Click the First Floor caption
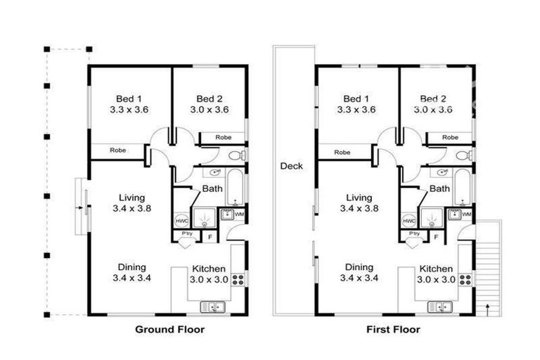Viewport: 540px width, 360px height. pyautogui.click(x=393, y=328)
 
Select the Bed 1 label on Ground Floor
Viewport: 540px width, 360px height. pyautogui.click(x=130, y=98)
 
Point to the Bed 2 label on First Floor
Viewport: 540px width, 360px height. pyautogui.click(x=434, y=98)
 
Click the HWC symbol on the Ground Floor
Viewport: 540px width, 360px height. pyautogui.click(x=181, y=220)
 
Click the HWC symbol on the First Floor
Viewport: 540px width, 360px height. pyautogui.click(x=409, y=220)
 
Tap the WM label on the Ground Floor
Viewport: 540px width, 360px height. pyautogui.click(x=239, y=214)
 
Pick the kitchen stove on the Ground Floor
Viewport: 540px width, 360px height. pyautogui.click(x=238, y=279)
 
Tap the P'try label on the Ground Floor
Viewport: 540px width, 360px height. pyautogui.click(x=187, y=233)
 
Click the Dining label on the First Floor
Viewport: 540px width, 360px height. pyautogui.click(x=359, y=266)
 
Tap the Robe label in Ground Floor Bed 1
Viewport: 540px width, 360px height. pyautogui.click(x=117, y=150)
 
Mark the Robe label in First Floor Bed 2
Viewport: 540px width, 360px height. pyautogui.click(x=450, y=137)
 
